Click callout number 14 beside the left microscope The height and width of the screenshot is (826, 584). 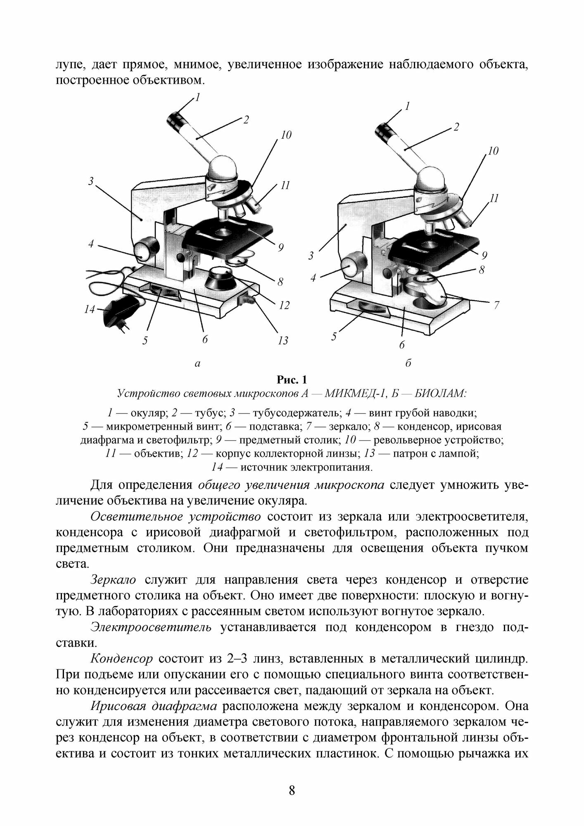90,309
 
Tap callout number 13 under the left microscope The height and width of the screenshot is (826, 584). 283,341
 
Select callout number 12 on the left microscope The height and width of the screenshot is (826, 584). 284,306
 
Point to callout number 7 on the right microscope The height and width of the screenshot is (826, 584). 496,305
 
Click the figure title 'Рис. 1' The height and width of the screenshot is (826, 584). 292,379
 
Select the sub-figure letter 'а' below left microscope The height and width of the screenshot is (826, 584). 197,363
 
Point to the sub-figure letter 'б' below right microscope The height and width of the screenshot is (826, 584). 408,363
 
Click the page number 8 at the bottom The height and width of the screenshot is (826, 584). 292,790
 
